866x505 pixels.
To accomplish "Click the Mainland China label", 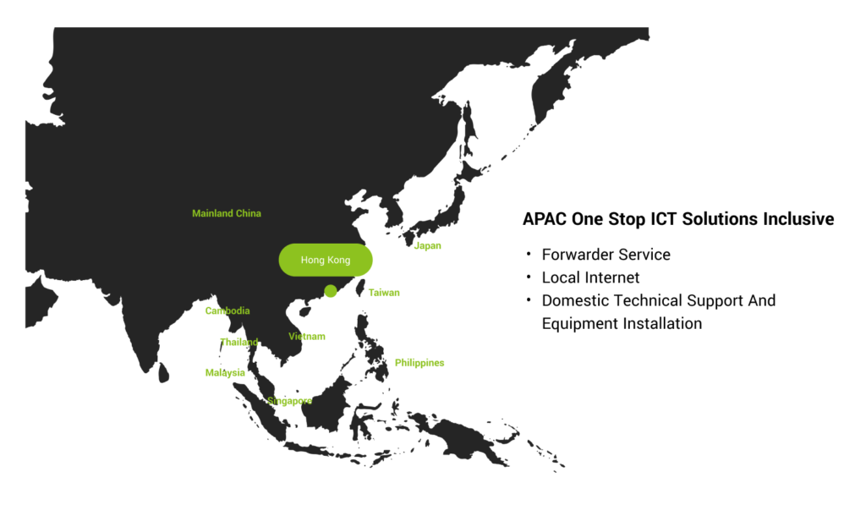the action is (227, 213).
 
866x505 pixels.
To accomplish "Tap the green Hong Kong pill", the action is (326, 260).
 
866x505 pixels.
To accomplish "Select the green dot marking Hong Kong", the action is (331, 291).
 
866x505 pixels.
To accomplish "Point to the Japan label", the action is (427, 246).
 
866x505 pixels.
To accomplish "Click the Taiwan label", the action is (384, 293).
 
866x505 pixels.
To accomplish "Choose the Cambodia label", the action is (227, 311).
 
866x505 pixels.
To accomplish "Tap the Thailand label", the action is (239, 342).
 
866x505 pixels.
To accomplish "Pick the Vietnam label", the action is (306, 337).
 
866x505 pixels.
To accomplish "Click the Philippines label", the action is (419, 363).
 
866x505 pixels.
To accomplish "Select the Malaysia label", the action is (225, 373).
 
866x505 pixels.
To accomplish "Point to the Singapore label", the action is (289, 401).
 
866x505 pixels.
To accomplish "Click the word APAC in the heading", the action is (545, 219).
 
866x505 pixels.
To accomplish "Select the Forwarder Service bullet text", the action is (606, 255).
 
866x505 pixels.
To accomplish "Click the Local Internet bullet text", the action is (590, 277).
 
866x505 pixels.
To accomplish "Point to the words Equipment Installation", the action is (622, 324).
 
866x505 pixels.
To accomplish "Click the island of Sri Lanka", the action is (163, 372).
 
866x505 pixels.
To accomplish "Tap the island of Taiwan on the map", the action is (359, 288).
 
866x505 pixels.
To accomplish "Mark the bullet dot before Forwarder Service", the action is (529, 254).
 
